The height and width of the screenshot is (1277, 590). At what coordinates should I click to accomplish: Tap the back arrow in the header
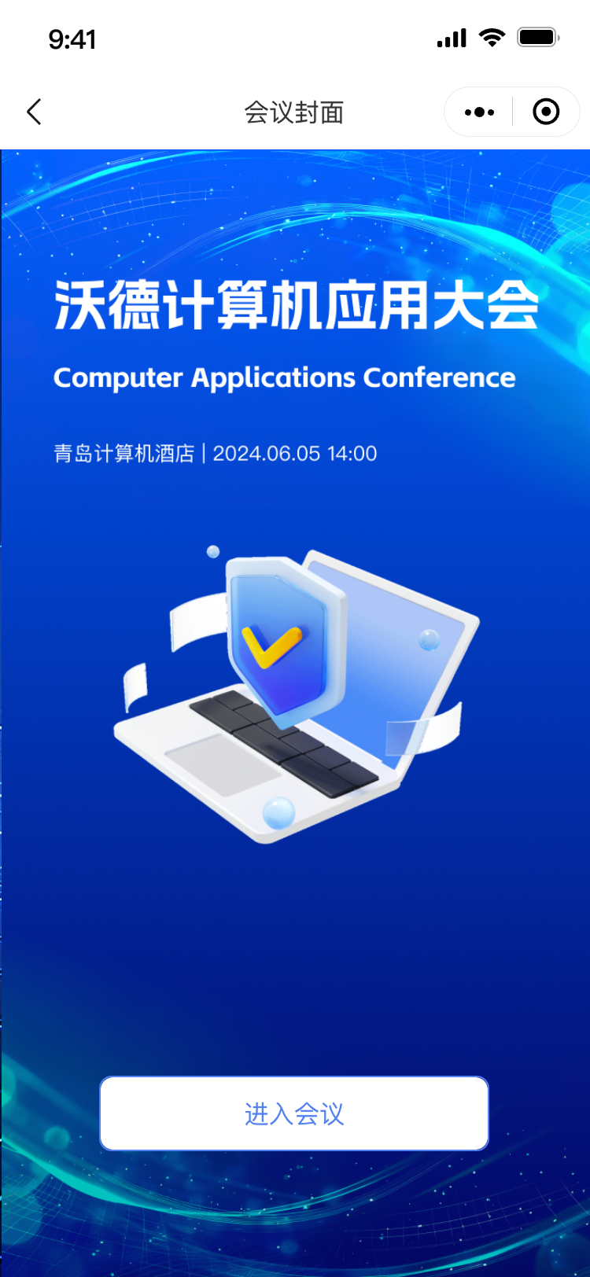point(35,112)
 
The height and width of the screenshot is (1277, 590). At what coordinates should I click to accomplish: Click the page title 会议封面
point(294,112)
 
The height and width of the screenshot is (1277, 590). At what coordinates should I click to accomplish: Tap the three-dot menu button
point(479,112)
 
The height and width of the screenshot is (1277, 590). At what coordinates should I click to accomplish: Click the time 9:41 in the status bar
point(72,39)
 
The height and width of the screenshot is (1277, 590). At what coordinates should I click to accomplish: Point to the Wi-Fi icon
point(492,38)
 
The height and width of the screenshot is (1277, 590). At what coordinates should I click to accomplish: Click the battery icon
point(538,38)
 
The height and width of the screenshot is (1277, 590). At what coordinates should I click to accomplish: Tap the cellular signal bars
point(452,39)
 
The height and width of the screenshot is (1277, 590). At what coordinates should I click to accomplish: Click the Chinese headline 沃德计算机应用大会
point(296,305)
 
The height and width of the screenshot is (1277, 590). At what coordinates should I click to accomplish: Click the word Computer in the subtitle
point(118,378)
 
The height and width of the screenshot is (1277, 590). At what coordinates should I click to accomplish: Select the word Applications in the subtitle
point(273,378)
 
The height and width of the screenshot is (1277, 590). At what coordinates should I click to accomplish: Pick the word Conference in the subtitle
point(440,377)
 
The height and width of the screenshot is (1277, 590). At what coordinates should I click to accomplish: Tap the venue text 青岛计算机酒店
point(124,454)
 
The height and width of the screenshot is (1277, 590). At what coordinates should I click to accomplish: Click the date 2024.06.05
point(267,454)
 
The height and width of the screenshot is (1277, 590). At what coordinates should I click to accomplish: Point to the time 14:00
point(352,454)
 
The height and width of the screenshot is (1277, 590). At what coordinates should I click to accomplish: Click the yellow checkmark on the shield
point(271,646)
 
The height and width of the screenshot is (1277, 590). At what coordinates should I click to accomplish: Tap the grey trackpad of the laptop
point(223,764)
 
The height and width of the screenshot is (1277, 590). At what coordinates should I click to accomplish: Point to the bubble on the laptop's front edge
point(278,812)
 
